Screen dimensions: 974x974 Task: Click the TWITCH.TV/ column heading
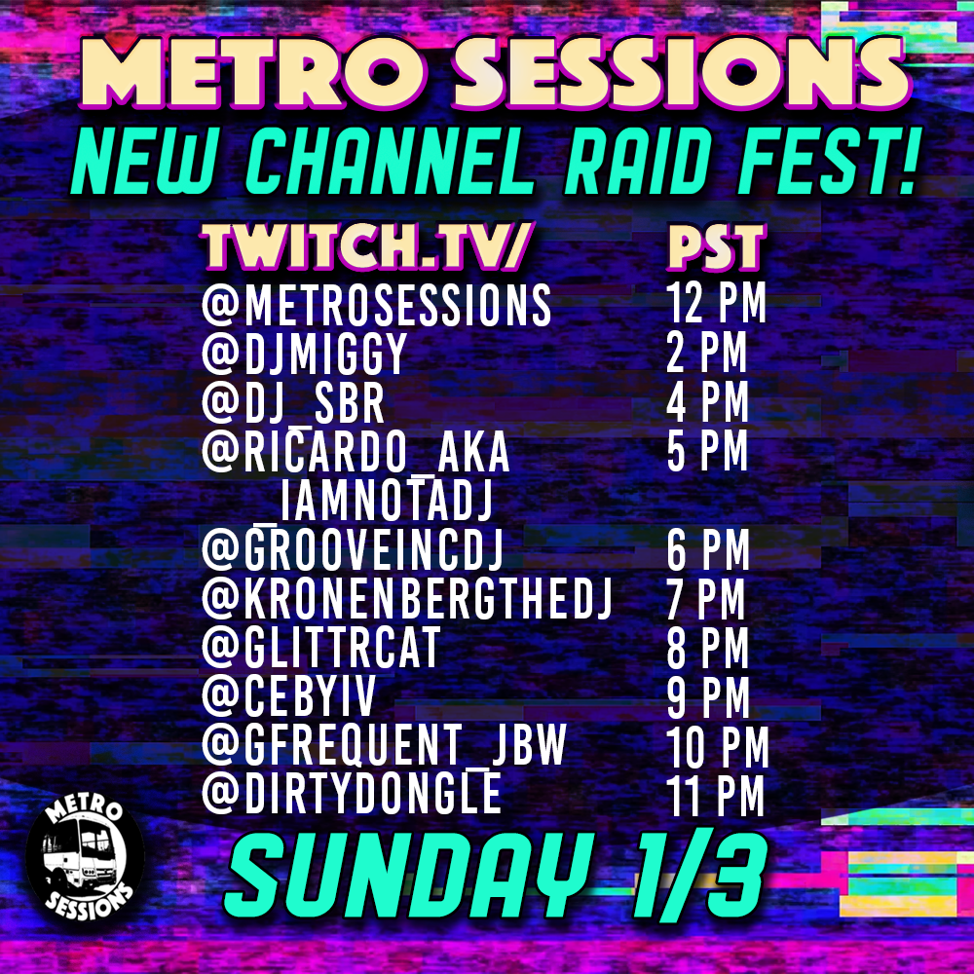pos(365,246)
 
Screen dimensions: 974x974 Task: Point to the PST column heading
pos(716,247)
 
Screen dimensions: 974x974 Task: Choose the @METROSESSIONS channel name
pos(376,304)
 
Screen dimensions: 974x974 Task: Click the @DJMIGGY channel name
pos(304,354)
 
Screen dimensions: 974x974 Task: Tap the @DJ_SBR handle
pos(293,403)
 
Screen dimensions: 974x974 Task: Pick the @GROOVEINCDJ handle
pos(353,549)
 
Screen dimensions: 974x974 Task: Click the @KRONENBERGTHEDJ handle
pos(407,599)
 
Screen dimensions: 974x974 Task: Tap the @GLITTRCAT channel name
pos(321,648)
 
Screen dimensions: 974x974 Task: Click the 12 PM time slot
pos(716,303)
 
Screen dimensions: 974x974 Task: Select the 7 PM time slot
pos(705,599)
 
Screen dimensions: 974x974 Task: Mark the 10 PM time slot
pos(718,746)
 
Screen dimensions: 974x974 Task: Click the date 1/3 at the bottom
pos(698,876)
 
